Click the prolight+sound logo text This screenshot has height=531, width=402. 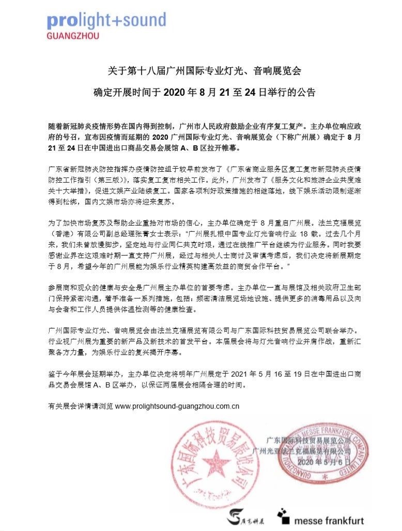point(106,21)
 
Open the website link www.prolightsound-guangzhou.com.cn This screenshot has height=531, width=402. point(177,406)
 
